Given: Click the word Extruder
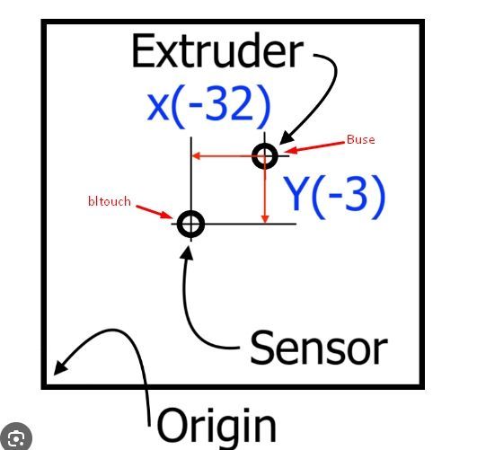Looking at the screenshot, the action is pos(217,50).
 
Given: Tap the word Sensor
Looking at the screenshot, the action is pos(319,348).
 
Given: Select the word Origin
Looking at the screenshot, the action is pos(217,425).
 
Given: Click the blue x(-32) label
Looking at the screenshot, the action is pos(208,106).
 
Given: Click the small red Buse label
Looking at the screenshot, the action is pos(361,139).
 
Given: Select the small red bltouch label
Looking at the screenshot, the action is pos(110,201).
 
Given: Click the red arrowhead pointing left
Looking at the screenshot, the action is pos(196,156).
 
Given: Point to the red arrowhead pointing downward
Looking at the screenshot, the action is pos(265,219).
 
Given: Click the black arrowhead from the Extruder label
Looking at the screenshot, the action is pos(286,138).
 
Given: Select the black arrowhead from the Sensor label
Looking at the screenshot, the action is pos(188,252).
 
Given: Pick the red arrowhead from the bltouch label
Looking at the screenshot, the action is pos(167,215).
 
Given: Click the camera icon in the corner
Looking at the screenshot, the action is pos(16,437).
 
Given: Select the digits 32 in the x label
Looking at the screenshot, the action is pos(230,104).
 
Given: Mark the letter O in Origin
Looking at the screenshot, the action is pos(172,426).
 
